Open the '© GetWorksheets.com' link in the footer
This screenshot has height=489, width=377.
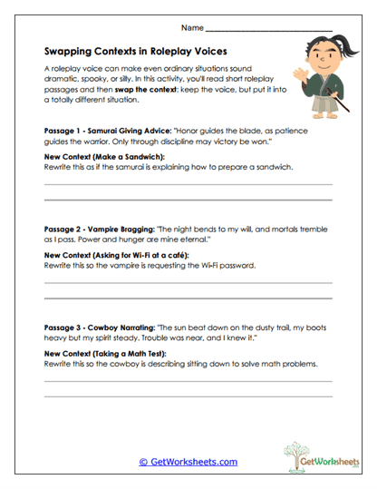coord(188,462)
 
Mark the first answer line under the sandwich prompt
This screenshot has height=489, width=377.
coord(188,184)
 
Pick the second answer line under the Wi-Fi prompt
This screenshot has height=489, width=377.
coord(188,297)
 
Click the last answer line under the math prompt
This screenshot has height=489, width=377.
coord(188,396)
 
